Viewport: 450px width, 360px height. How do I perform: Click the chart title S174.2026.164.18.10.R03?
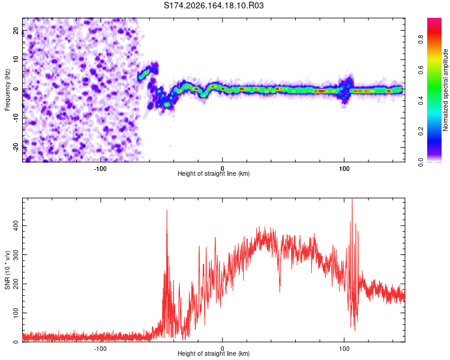click(214, 5)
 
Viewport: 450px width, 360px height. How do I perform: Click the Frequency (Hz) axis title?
click(7, 90)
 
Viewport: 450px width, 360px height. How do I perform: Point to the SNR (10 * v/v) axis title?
click(7, 270)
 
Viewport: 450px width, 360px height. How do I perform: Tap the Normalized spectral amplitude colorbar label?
click(445, 90)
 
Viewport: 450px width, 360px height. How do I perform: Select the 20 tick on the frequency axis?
click(16, 30)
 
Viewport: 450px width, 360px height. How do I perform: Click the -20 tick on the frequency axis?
click(16, 147)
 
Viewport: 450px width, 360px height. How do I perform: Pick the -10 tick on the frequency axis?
click(16, 118)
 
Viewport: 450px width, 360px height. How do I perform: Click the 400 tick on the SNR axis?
click(16, 226)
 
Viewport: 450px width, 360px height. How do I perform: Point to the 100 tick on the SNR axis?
click(16, 313)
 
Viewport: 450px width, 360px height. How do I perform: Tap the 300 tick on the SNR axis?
click(16, 254)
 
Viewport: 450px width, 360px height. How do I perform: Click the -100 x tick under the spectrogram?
click(100, 169)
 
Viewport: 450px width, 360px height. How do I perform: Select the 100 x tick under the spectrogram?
click(344, 169)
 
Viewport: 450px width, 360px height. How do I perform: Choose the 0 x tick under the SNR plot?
click(222, 349)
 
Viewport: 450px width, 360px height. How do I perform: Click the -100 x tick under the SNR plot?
click(100, 349)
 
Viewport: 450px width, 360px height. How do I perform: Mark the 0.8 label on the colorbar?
click(421, 39)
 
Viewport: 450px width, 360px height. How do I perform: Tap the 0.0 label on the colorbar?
click(421, 163)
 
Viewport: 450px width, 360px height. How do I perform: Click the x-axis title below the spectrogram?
click(214, 173)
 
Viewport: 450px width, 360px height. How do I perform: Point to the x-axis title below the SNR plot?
click(214, 353)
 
